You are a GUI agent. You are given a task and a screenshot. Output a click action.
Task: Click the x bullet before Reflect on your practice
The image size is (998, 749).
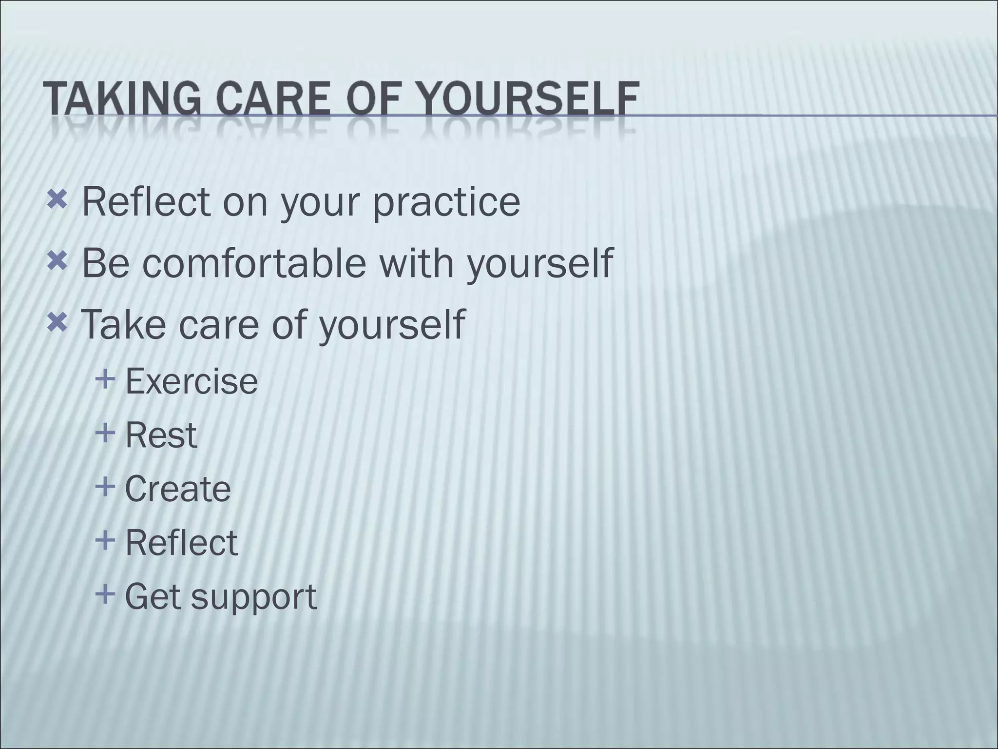click(x=57, y=199)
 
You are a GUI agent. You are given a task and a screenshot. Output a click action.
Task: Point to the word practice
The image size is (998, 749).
click(x=447, y=203)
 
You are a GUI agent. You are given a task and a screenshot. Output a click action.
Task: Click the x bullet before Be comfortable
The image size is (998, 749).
click(x=57, y=262)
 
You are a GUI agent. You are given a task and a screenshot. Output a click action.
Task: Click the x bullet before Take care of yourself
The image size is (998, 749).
click(x=57, y=321)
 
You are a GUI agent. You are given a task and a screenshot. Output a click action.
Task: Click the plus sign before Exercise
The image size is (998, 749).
click(x=106, y=378)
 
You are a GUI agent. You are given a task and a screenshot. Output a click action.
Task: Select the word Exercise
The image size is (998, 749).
click(x=192, y=381)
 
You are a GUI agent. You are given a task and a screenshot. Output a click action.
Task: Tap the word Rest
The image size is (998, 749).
click(x=161, y=435)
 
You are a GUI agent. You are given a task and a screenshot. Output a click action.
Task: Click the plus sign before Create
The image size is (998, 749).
click(x=106, y=486)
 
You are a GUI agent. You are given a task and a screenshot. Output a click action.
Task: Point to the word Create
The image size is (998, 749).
click(x=177, y=489)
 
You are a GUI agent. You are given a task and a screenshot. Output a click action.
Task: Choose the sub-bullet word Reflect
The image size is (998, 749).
click(x=181, y=543)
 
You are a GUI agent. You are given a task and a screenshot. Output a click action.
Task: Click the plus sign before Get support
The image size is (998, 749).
click(x=106, y=594)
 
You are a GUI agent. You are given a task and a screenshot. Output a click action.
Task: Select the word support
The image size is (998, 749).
click(x=253, y=598)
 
